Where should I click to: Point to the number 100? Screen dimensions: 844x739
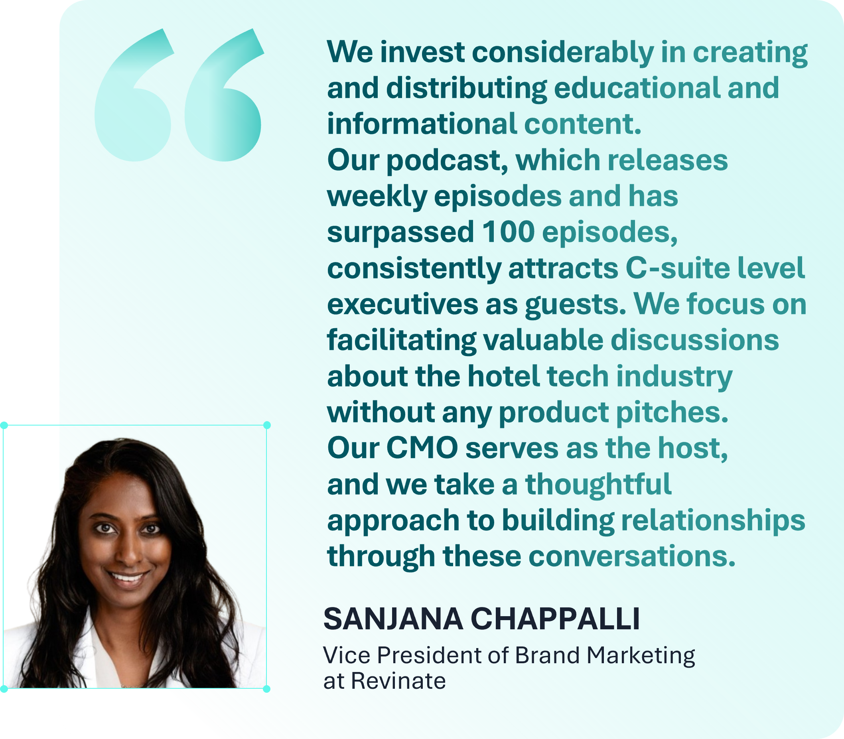coord(509,232)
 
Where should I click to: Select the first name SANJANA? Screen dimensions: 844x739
coord(393,619)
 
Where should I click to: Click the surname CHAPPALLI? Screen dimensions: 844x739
coord(555,619)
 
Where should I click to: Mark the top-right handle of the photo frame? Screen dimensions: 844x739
coord(267,425)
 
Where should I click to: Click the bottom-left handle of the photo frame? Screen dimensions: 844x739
coord(4,689)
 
